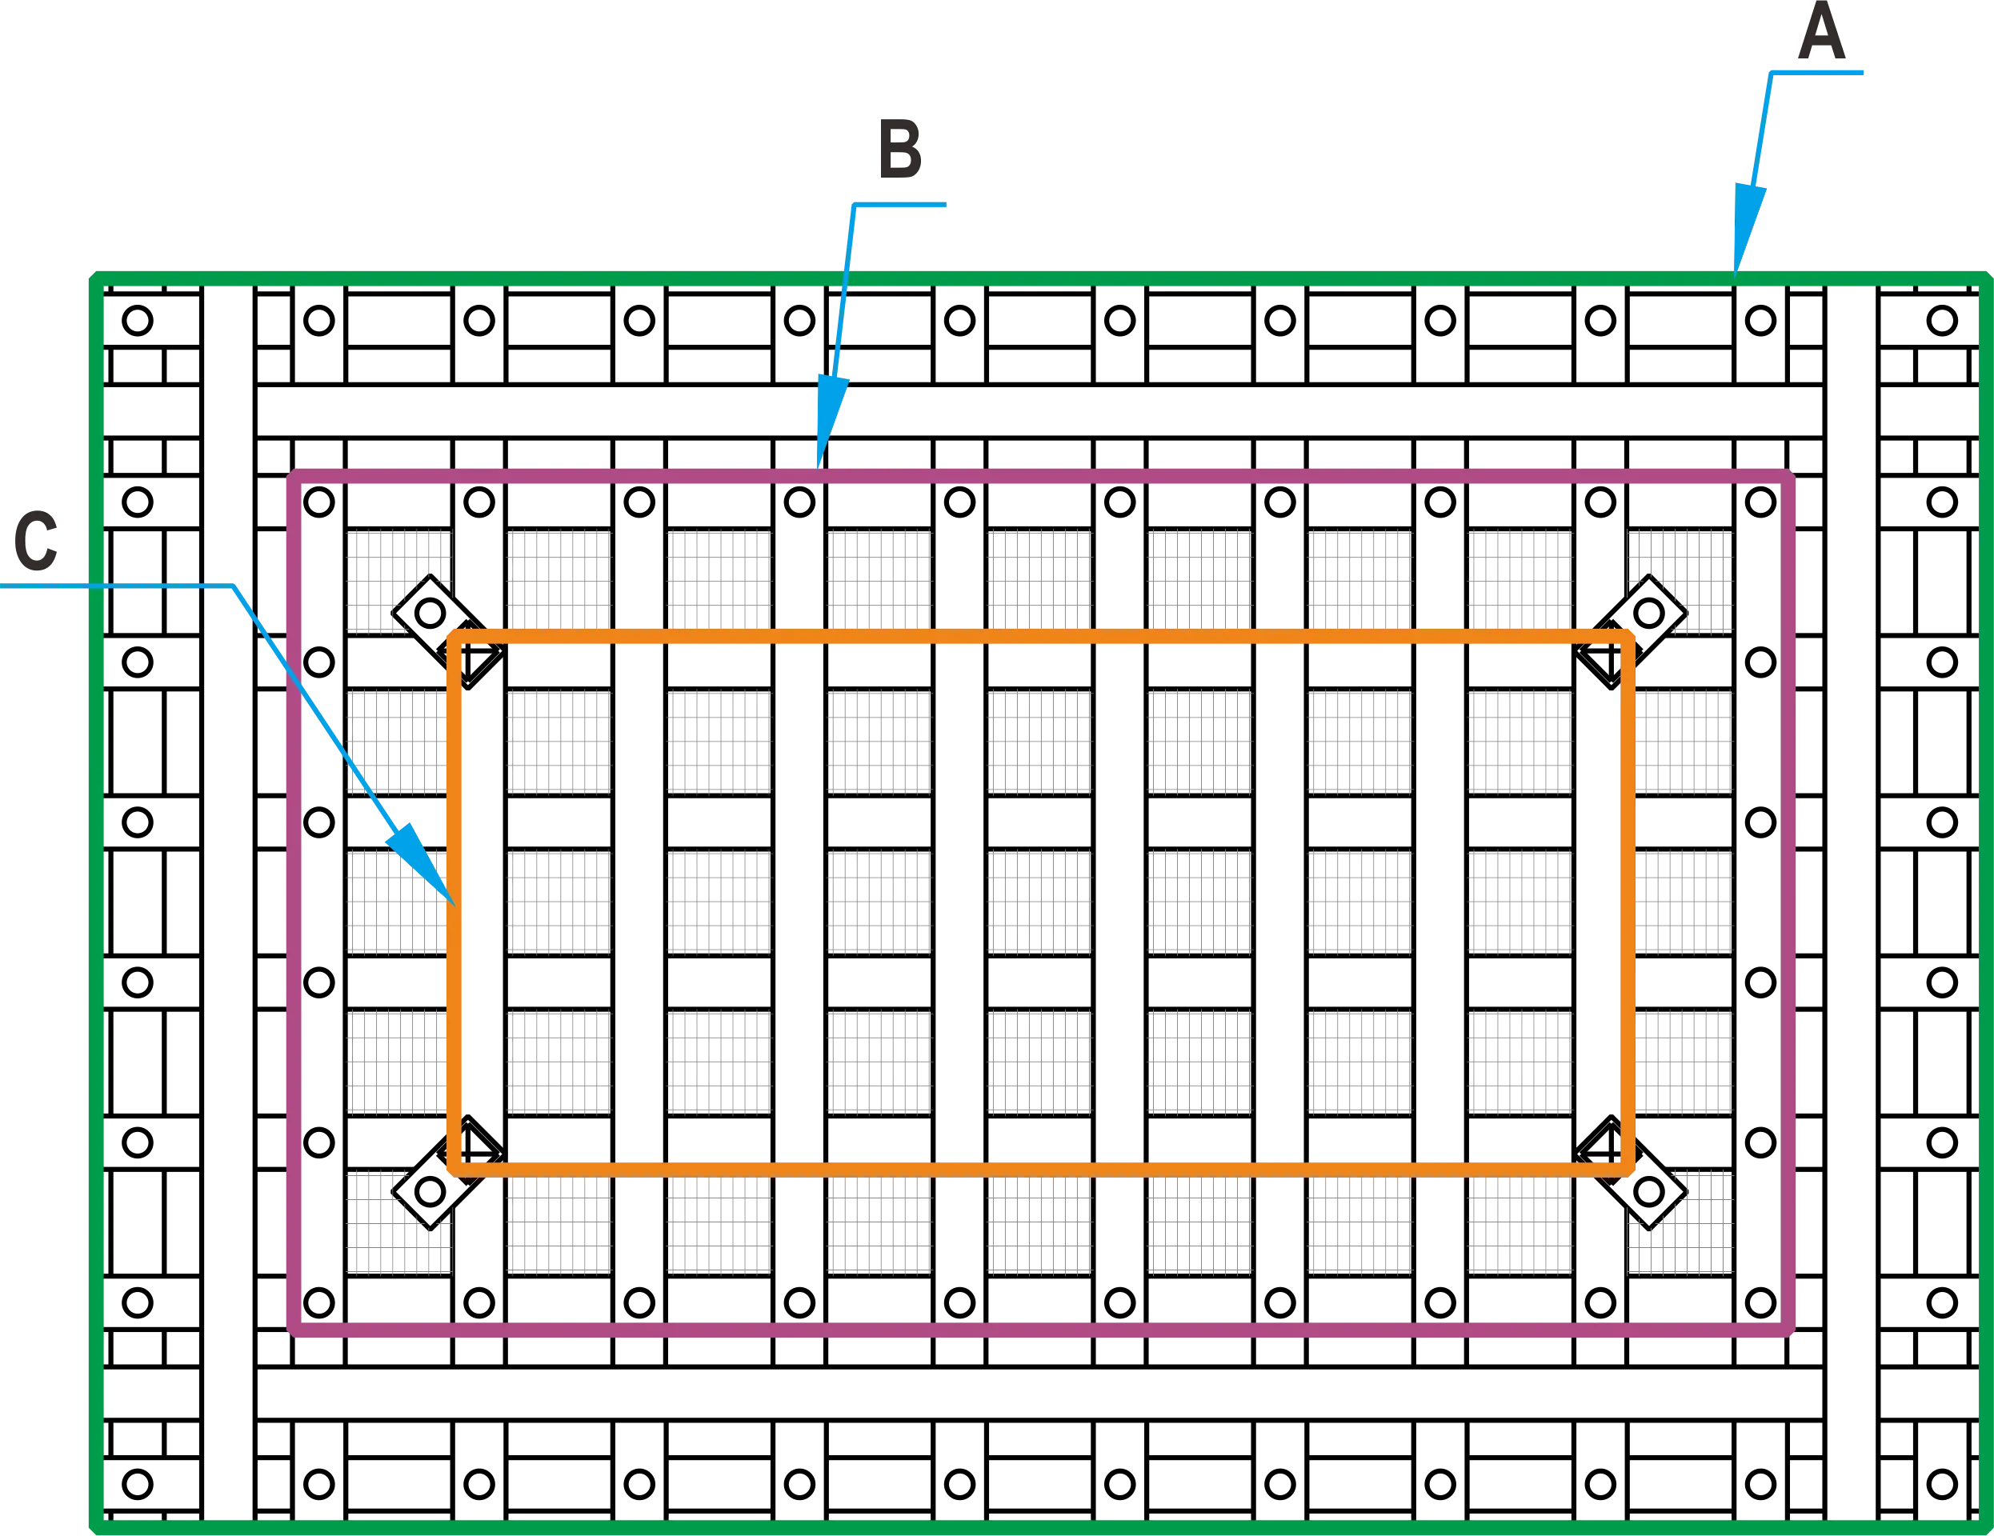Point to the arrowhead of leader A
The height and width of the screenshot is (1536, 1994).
(x=1740, y=255)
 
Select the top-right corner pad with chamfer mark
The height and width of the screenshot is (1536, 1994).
(x=1680, y=582)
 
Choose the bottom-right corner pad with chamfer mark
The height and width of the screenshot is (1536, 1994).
(x=1680, y=1222)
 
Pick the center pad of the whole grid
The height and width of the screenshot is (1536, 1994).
(x=1041, y=902)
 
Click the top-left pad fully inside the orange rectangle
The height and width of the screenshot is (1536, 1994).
(x=559, y=741)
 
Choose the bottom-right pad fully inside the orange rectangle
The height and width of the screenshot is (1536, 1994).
(x=1521, y=1062)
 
